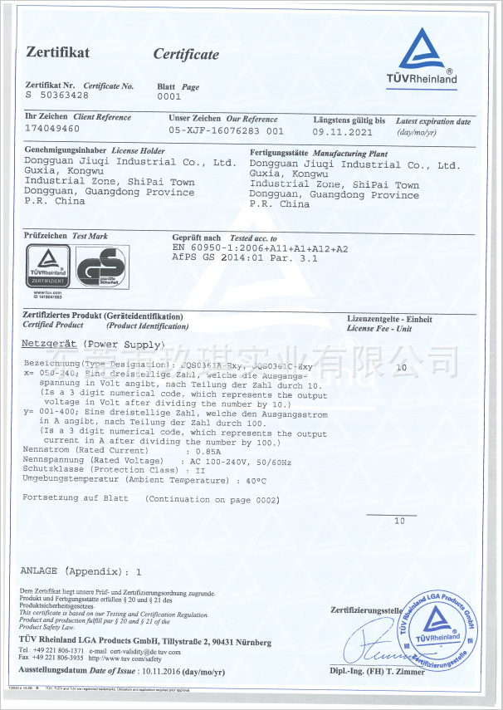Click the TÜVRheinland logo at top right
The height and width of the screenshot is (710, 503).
(427, 56)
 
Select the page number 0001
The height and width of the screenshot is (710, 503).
(168, 96)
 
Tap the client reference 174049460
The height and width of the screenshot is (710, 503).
(52, 129)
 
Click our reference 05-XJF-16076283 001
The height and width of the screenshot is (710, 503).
(226, 131)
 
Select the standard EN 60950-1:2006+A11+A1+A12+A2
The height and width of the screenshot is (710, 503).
(260, 248)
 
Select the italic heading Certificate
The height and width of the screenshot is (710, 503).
(186, 55)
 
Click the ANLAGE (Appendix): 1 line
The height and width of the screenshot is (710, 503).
(81, 571)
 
